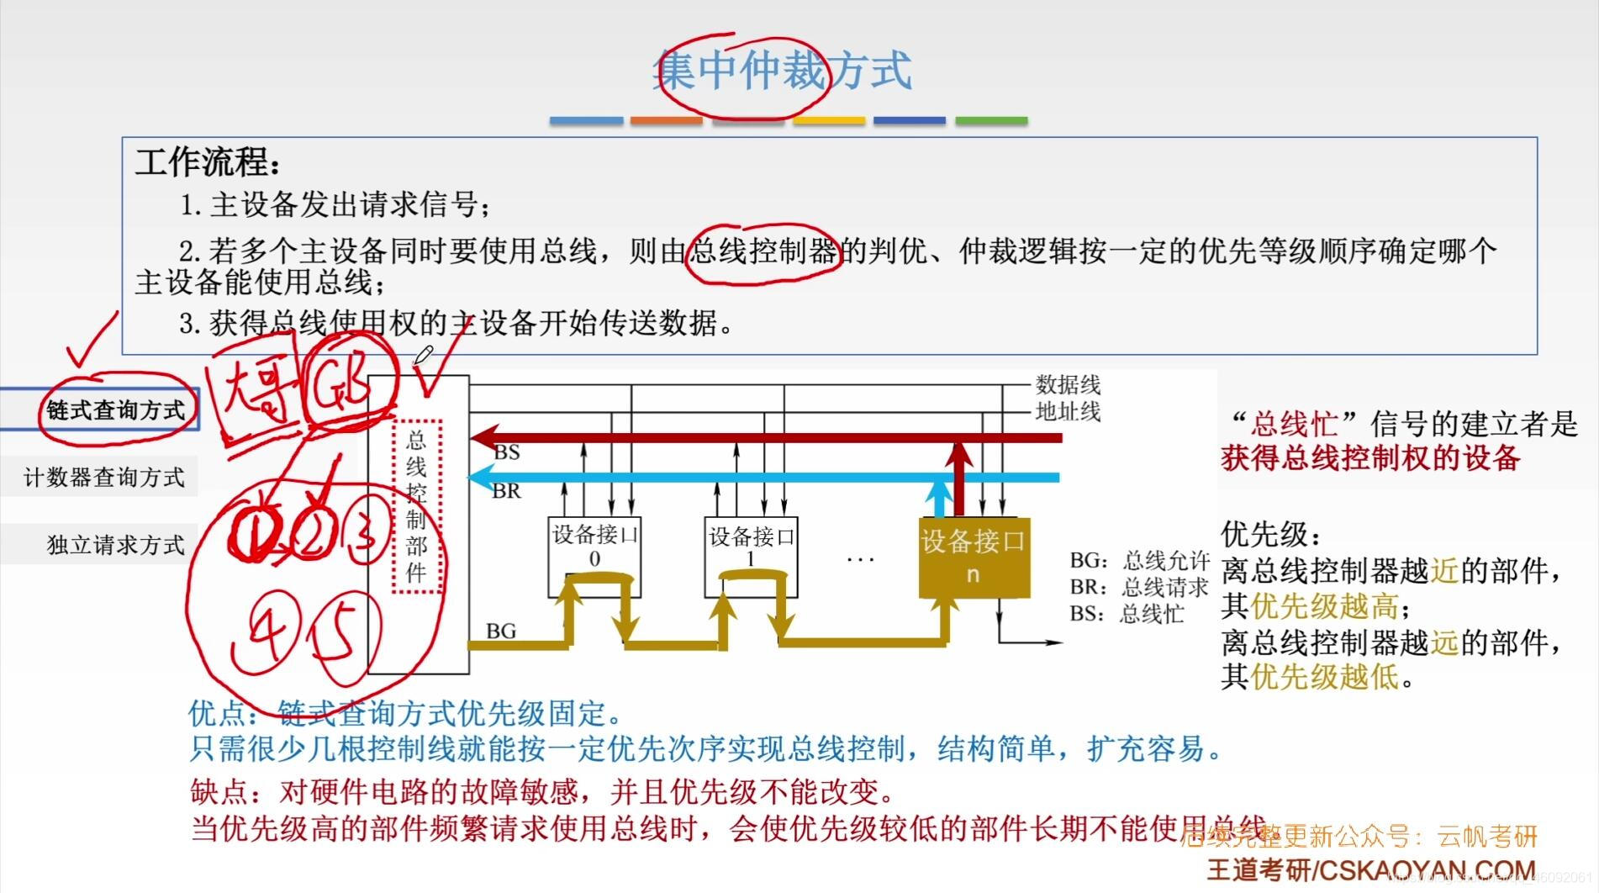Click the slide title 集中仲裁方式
pos(782,71)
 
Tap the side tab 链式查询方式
pos(115,410)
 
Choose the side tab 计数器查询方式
pos(103,478)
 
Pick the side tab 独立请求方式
pos(115,545)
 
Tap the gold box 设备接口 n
pos(974,556)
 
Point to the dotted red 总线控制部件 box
pos(417,507)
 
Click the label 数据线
pos(1068,385)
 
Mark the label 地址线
pos(1068,411)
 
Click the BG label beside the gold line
pos(501,631)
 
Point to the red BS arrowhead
pos(483,437)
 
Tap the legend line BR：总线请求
pos(1138,587)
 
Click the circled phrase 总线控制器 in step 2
pos(763,251)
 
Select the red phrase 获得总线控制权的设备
pos(1370,458)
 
